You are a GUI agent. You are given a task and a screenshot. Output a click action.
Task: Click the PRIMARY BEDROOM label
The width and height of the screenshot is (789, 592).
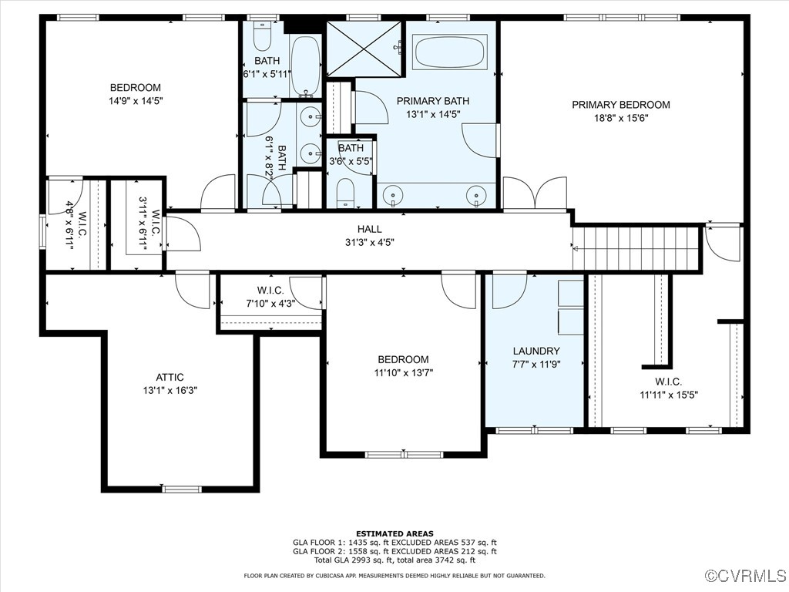click(x=620, y=105)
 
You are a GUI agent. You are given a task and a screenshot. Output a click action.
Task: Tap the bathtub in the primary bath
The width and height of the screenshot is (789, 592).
click(x=451, y=52)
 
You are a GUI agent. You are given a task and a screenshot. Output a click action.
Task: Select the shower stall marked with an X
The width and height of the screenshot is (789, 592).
click(x=364, y=48)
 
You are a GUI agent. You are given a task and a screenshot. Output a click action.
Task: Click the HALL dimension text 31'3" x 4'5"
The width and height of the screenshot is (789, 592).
click(x=370, y=242)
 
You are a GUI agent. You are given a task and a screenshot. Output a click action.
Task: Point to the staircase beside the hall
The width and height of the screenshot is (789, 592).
click(x=637, y=247)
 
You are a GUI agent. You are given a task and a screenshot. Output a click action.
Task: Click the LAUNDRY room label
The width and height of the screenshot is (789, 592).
click(x=536, y=351)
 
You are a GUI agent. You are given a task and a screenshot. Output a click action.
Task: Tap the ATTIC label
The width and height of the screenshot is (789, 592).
click(x=170, y=377)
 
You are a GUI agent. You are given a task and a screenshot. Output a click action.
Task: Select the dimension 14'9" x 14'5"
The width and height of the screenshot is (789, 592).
click(x=136, y=101)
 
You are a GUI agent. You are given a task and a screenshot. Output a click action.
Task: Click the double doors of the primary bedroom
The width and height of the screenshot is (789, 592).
click(x=535, y=193)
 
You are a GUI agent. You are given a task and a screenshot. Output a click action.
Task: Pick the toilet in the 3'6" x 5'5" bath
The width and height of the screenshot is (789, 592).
click(x=345, y=190)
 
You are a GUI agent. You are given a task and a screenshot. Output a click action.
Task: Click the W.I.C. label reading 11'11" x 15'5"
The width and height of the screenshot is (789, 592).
click(x=668, y=395)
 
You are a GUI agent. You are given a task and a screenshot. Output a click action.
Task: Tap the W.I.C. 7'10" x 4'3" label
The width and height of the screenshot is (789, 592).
click(x=270, y=303)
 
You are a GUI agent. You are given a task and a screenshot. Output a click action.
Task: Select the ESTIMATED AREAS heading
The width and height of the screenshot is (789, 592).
click(x=394, y=533)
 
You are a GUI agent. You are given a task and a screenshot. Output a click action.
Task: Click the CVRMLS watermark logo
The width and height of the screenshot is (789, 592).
click(x=746, y=576)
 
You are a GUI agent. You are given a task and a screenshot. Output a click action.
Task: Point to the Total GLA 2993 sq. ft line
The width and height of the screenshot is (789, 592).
click(x=394, y=560)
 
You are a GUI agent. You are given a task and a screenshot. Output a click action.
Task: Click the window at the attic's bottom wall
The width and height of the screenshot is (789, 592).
click(x=182, y=489)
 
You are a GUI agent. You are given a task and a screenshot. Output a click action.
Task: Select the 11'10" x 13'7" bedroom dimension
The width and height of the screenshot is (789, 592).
click(x=403, y=373)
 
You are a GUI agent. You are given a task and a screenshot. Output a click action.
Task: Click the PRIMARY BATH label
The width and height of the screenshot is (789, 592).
click(x=432, y=101)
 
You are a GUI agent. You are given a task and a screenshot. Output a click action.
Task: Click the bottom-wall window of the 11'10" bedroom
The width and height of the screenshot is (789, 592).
click(x=394, y=454)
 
